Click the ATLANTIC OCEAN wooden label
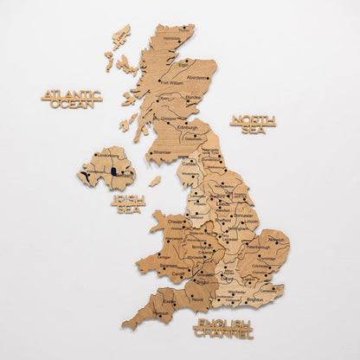(72, 99)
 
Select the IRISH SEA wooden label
(129, 203)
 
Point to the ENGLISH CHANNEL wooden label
(223, 328)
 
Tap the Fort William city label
(170, 83)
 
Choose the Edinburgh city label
(189, 128)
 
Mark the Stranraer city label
(162, 152)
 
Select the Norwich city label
(276, 239)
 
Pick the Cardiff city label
(178, 274)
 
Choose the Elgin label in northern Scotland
(183, 63)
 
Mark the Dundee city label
(195, 98)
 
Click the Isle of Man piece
(155, 182)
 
